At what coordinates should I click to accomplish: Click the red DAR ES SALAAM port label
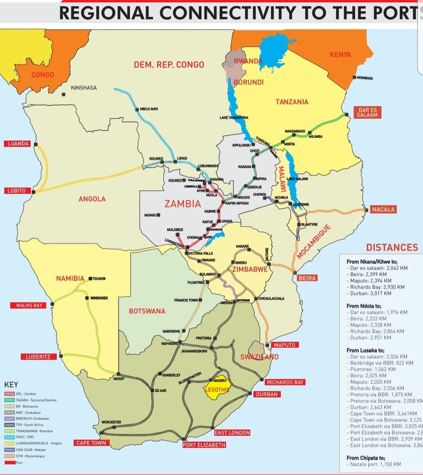[367, 112]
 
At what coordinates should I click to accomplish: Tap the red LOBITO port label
[15, 191]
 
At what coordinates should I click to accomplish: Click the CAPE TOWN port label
[91, 443]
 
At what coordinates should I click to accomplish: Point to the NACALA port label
[383, 210]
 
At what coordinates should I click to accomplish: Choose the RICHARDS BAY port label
[285, 382]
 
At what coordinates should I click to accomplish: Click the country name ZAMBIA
[182, 204]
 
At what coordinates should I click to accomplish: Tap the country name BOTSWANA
[147, 311]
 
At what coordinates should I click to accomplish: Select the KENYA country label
[340, 55]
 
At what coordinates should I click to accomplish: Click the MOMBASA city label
[364, 78]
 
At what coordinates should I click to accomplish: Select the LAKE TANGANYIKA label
[234, 118]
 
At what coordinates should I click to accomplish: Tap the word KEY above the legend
[11, 385]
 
